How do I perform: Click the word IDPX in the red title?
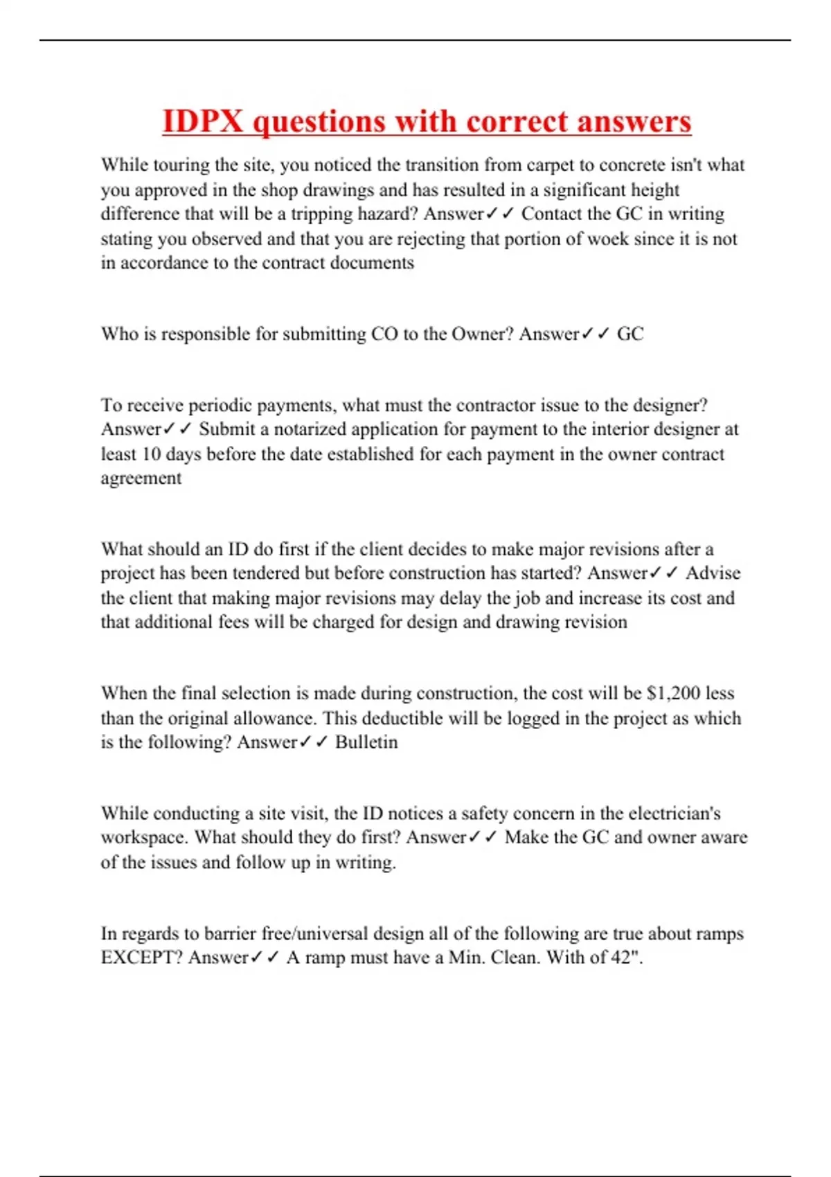tap(203, 121)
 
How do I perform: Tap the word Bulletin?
tap(366, 742)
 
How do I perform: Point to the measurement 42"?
tap(626, 958)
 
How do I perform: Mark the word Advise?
tap(713, 573)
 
